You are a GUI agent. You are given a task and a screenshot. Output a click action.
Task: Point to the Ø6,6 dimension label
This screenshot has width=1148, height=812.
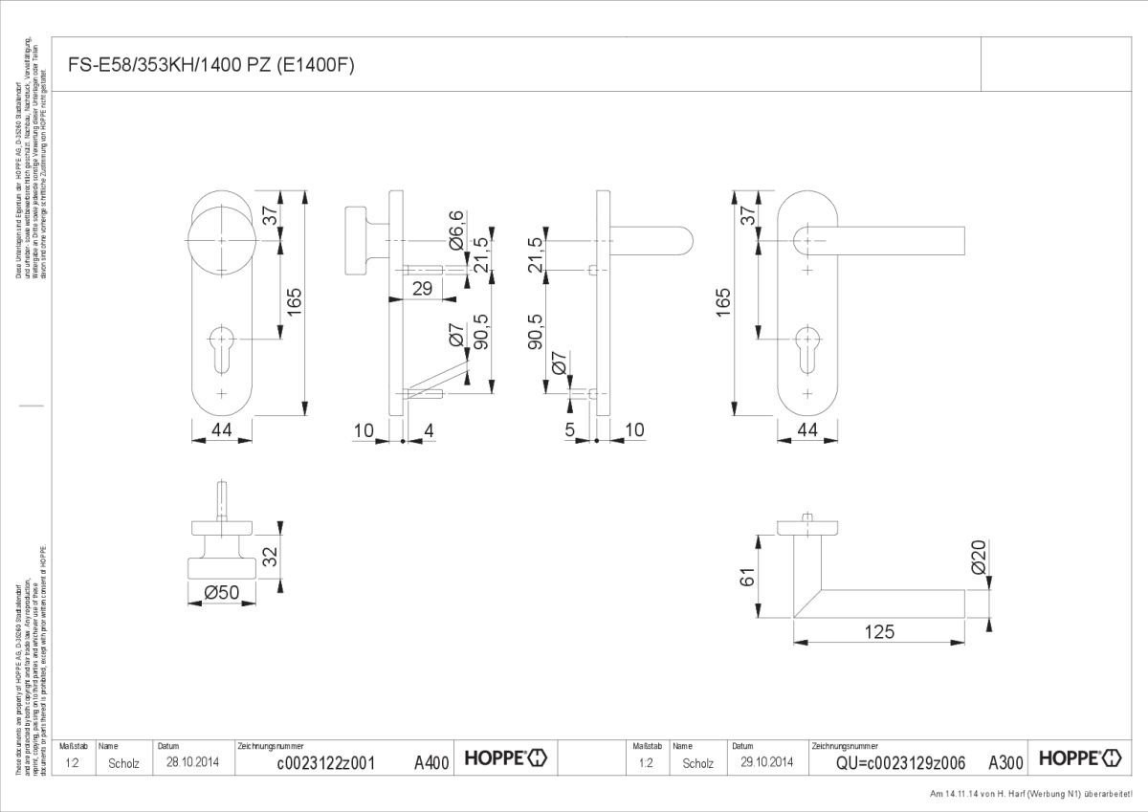(x=456, y=231)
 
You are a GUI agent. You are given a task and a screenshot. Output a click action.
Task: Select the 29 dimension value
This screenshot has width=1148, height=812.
(x=422, y=288)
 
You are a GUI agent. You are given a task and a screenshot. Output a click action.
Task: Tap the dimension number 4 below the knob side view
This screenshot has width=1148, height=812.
(x=428, y=431)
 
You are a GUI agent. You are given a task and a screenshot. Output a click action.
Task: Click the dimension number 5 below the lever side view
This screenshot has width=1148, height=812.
(x=571, y=431)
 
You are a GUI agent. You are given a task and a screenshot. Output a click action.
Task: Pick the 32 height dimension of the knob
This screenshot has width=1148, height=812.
(x=270, y=555)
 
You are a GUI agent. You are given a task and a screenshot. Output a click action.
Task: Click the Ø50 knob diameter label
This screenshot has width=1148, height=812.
(x=221, y=594)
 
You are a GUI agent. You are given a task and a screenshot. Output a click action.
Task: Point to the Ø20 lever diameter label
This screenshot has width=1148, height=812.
(x=978, y=557)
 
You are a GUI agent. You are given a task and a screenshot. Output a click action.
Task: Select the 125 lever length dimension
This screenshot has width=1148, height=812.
(x=878, y=631)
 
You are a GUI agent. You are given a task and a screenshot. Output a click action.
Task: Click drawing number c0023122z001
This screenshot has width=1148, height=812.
(x=324, y=762)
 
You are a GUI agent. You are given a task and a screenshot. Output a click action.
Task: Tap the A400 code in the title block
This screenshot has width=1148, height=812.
(x=431, y=762)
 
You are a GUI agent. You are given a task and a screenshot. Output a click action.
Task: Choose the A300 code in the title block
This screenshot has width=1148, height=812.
(x=1005, y=762)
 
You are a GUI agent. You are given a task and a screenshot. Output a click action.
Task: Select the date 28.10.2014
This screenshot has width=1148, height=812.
(x=192, y=762)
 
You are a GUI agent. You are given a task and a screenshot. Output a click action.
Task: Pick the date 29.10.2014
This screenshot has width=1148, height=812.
(x=766, y=762)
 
